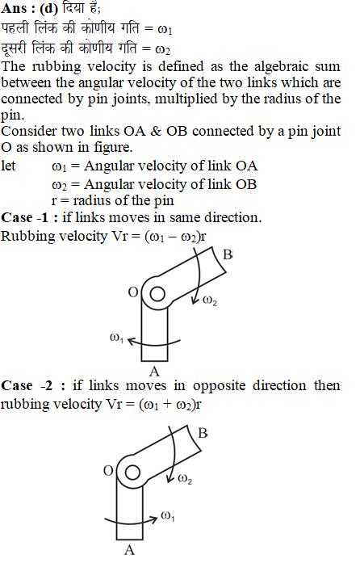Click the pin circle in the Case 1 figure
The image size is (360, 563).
(x=157, y=295)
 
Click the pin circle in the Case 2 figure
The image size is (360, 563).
(x=132, y=473)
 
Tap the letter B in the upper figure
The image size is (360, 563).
(x=228, y=254)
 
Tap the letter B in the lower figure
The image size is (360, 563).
(x=203, y=434)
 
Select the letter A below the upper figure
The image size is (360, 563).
(x=154, y=372)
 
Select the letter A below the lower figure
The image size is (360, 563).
(x=129, y=550)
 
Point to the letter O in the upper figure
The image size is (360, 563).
(x=133, y=292)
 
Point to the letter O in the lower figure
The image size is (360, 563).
(x=108, y=471)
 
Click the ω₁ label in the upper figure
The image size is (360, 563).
(x=116, y=338)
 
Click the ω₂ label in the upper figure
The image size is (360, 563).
(x=210, y=300)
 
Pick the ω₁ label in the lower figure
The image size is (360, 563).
(x=168, y=516)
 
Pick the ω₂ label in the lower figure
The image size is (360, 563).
(x=185, y=479)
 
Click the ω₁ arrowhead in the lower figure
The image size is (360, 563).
(x=154, y=518)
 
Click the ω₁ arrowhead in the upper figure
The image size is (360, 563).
(x=132, y=341)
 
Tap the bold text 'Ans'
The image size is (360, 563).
(x=14, y=9)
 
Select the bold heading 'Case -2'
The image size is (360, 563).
(x=27, y=385)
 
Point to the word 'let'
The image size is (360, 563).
(x=8, y=166)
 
